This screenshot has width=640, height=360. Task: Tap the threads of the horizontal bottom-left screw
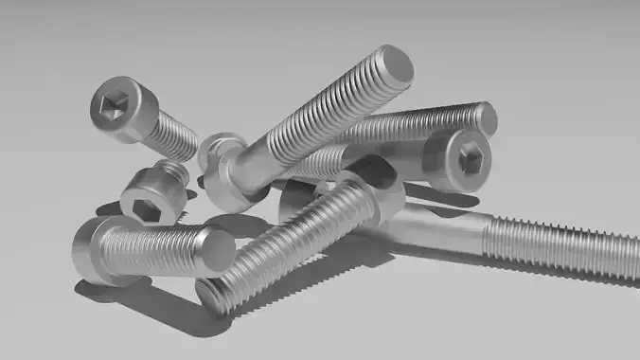(156, 248)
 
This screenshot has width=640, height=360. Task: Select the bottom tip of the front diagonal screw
(214, 295)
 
